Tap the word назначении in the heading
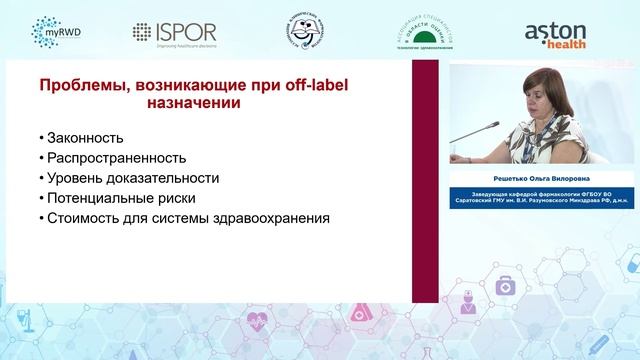click(x=191, y=102)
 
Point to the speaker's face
click(x=541, y=97)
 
